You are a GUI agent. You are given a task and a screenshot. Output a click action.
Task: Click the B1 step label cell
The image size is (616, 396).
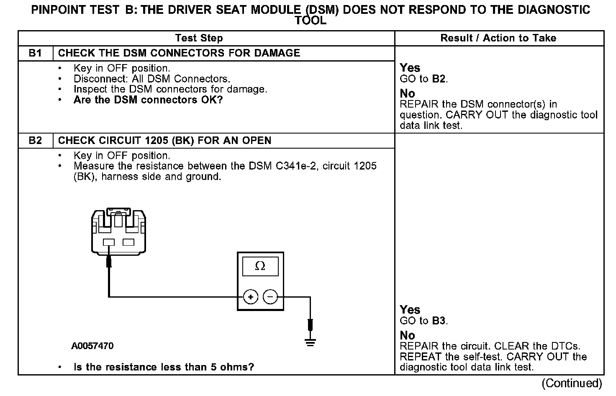(36, 53)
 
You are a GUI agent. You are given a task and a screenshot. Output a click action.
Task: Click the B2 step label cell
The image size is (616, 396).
(36, 141)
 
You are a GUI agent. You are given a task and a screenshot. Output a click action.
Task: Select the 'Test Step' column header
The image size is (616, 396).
(199, 38)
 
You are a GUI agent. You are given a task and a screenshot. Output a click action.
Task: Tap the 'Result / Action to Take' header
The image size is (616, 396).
(498, 38)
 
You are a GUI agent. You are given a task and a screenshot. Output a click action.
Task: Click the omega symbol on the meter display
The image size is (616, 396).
(260, 266)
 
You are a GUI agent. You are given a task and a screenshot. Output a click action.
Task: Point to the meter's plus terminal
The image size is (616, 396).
(251, 297)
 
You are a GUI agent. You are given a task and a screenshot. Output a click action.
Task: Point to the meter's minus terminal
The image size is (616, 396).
(270, 297)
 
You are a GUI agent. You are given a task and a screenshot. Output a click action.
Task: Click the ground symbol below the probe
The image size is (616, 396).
(310, 343)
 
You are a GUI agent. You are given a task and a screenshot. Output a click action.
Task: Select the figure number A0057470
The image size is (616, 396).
(92, 346)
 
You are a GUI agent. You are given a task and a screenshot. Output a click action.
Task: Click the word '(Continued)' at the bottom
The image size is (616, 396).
(572, 383)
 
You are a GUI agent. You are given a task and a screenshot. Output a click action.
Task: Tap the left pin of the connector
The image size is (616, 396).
(109, 242)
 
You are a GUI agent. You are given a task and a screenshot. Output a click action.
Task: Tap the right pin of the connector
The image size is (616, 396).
(128, 242)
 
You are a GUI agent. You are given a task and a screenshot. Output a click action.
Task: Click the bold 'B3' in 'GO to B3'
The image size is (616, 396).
(439, 321)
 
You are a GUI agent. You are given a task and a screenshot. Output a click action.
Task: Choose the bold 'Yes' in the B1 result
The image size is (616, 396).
(410, 68)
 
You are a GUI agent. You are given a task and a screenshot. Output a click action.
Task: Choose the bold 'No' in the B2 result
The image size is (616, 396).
(407, 335)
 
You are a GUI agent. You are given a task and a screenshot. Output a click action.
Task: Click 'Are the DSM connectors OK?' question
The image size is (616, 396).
(148, 100)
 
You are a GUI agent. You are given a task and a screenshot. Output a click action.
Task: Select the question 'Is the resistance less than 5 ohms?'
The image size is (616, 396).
(164, 367)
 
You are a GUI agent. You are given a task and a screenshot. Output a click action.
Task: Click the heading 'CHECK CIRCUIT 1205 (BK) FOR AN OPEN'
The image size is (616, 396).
(164, 141)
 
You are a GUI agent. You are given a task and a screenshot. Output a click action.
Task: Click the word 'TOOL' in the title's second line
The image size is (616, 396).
(310, 21)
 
